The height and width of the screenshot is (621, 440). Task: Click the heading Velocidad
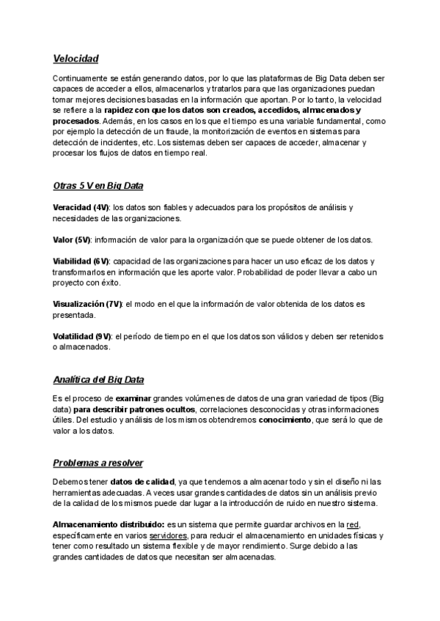(x=76, y=59)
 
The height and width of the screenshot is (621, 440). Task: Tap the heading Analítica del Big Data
(x=98, y=379)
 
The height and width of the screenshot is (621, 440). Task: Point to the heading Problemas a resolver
(x=98, y=464)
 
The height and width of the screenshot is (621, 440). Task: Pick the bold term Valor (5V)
(x=70, y=240)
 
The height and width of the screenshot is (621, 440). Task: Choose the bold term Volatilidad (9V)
(x=82, y=336)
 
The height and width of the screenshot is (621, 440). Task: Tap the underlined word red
(x=353, y=525)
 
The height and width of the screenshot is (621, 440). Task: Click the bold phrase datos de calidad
(x=142, y=482)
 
